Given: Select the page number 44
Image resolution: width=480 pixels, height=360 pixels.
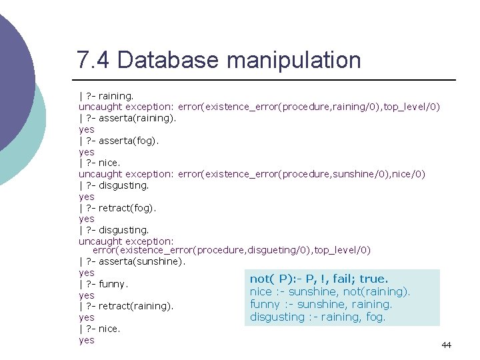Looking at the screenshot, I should [x=446, y=345].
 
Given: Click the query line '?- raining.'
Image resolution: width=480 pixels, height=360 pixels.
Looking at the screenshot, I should [x=110, y=96].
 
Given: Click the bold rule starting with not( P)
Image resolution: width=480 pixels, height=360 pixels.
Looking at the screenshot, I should [x=319, y=279].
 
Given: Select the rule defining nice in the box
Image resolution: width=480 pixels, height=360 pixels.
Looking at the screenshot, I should [x=330, y=291].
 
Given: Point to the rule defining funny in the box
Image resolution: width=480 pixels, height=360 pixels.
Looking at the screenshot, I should [x=321, y=304].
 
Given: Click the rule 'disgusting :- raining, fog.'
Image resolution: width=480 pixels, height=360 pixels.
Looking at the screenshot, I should [x=317, y=317].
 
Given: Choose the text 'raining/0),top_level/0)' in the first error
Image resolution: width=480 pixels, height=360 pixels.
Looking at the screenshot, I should [x=383, y=107].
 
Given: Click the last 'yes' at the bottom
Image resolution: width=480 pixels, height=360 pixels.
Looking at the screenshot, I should [x=87, y=340].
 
